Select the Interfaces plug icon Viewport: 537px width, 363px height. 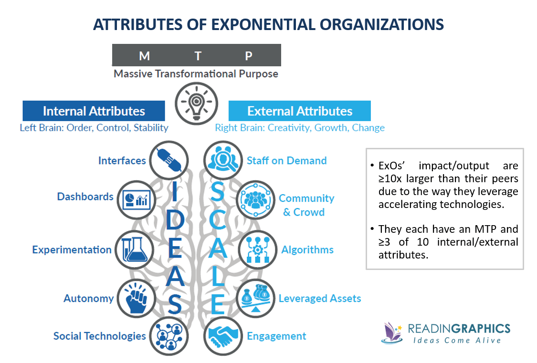[x=168, y=160]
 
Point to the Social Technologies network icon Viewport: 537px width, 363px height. [x=168, y=335]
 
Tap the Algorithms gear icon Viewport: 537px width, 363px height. [x=255, y=249]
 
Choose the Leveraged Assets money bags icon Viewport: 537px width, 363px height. [x=255, y=298]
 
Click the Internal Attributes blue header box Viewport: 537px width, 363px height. [x=94, y=111]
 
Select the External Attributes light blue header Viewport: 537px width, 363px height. [x=300, y=111]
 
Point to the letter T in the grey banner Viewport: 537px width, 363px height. [x=198, y=56]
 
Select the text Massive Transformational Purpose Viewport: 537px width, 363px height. [x=196, y=74]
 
